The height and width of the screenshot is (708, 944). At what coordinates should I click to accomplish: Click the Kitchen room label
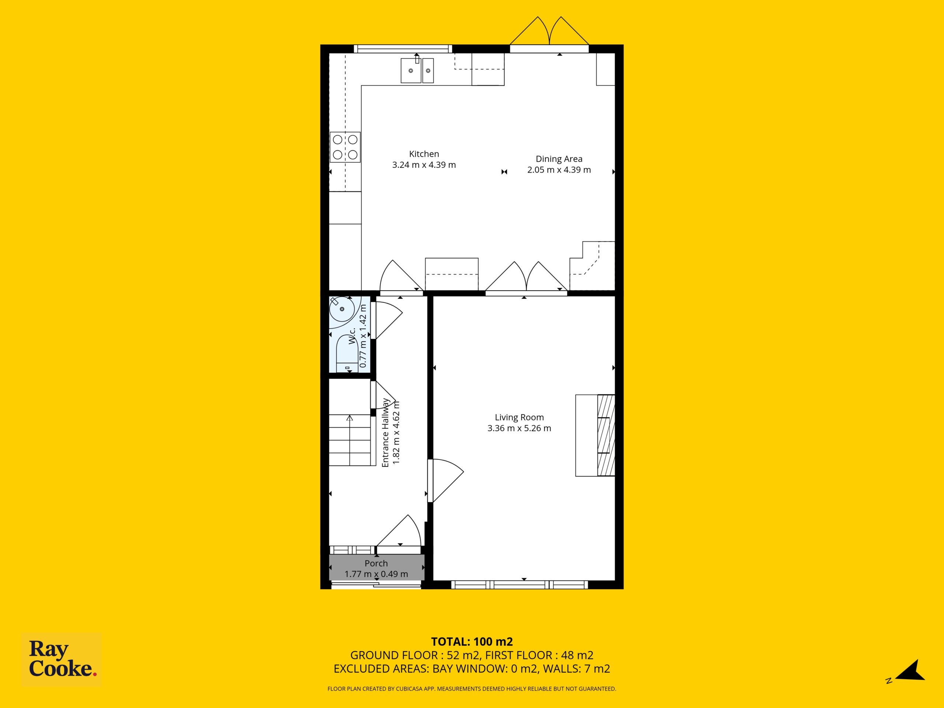424,154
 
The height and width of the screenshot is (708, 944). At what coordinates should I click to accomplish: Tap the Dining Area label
559,159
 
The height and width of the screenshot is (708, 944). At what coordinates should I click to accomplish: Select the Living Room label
519,417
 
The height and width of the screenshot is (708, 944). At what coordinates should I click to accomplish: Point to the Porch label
376,563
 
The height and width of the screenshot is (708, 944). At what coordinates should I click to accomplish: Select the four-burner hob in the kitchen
345,147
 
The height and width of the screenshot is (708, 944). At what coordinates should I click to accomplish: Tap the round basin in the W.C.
341,309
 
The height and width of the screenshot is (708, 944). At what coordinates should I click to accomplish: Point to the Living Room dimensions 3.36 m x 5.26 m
519,428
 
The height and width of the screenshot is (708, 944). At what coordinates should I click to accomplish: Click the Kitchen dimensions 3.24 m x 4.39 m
424,165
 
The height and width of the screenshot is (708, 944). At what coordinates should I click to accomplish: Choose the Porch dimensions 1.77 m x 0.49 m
376,574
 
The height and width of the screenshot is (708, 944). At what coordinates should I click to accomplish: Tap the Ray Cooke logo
62,659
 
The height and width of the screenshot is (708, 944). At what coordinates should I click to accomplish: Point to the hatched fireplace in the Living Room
606,435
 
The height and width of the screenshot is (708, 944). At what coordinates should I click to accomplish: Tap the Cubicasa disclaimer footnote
472,689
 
